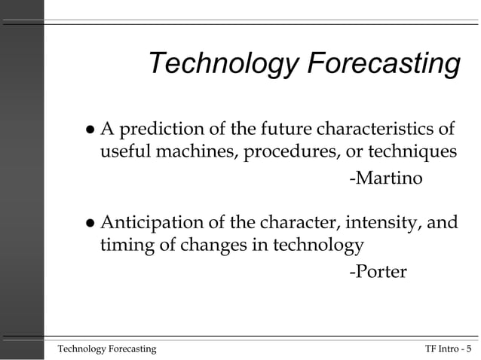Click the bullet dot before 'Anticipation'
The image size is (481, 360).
click(x=90, y=224)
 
